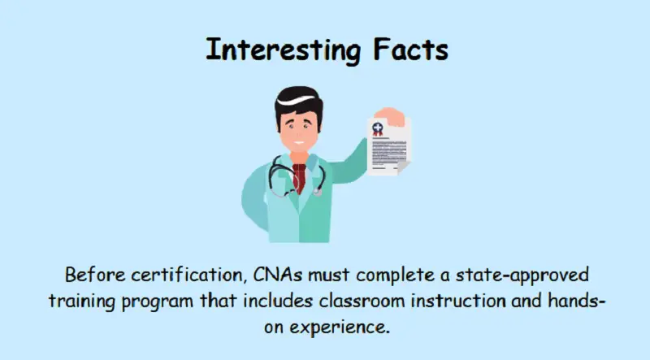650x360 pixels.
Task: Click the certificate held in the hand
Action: [x=390, y=145]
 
